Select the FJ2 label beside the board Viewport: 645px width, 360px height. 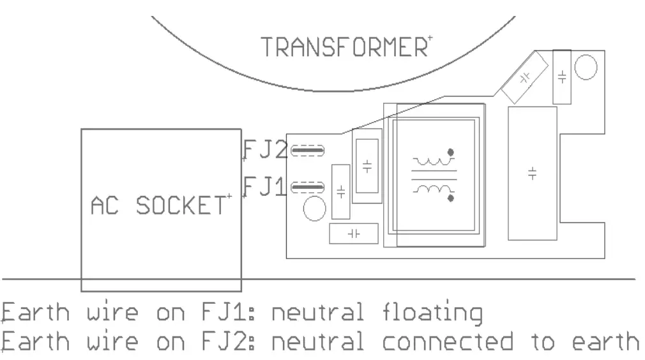264,150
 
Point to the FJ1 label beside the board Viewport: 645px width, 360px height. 264,187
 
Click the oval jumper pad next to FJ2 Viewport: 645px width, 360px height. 307,151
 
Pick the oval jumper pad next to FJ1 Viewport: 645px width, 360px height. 307,188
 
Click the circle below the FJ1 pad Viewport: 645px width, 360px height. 314,209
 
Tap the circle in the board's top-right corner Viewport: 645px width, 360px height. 586,67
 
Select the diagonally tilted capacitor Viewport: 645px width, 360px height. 525,78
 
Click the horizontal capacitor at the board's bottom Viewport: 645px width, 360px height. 354,234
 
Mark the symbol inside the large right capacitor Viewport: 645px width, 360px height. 533,174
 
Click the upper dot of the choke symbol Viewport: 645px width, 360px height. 451,153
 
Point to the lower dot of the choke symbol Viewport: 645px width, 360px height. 451,199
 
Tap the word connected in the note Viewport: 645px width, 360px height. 447,342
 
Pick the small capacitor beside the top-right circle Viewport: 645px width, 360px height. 562,77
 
